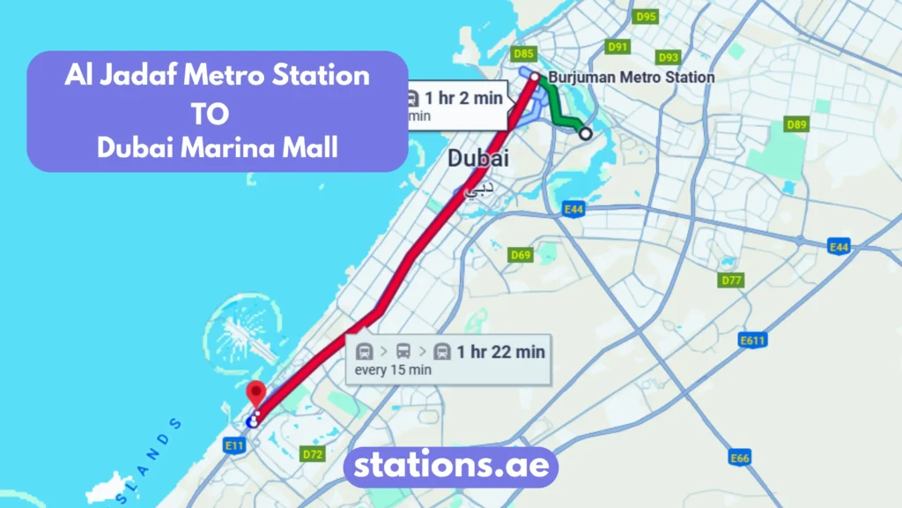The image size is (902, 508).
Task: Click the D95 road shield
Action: [x=646, y=17]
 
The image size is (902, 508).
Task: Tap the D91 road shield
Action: [x=617, y=47]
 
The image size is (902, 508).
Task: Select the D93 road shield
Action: [x=669, y=57]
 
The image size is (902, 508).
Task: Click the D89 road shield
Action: [x=796, y=125]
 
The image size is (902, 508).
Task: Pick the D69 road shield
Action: [x=521, y=255]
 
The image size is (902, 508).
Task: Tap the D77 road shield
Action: [x=732, y=280]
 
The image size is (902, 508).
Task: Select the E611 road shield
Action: [x=752, y=340]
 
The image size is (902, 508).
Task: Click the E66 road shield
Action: [x=740, y=458]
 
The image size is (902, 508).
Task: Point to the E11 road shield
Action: [x=233, y=446]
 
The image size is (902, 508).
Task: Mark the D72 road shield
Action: [x=312, y=454]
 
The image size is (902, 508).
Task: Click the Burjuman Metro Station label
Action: [x=631, y=78]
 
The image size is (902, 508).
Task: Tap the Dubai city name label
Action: [x=478, y=160]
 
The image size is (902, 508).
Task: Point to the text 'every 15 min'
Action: [x=393, y=370]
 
